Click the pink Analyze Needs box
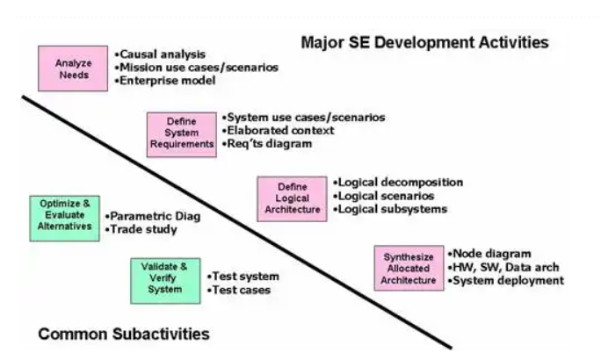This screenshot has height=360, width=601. pyautogui.click(x=73, y=68)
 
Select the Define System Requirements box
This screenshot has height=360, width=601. pyautogui.click(x=182, y=135)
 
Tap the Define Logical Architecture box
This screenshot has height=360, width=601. pyautogui.click(x=292, y=199)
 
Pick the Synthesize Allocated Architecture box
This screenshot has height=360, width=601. pyautogui.click(x=409, y=268)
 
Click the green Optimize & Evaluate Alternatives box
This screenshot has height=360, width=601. pyautogui.click(x=65, y=219)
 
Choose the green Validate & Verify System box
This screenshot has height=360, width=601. pyautogui.click(x=165, y=281)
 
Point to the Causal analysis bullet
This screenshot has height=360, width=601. pyautogui.click(x=160, y=54)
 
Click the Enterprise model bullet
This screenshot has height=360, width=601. pyautogui.click(x=165, y=81)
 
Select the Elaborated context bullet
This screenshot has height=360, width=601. pyautogui.click(x=279, y=131)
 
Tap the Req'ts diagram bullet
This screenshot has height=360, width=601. pyautogui.click(x=267, y=144)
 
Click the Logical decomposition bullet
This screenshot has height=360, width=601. pyautogui.click(x=398, y=183)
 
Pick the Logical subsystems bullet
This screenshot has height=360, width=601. pyautogui.click(x=390, y=209)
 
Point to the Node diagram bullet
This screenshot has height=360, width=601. pyautogui.click(x=489, y=254)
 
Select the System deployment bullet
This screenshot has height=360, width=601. pyautogui.click(x=506, y=281)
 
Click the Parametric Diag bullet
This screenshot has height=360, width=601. pyautogui.click(x=153, y=216)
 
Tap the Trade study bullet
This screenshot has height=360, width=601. pyautogui.click(x=141, y=229)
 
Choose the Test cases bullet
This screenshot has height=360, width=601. pyautogui.click(x=239, y=290)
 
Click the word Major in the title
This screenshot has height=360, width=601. pyautogui.click(x=322, y=42)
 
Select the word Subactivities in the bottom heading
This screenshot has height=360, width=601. pyautogui.click(x=161, y=334)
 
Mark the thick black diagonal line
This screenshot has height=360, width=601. pyautogui.click(x=237, y=222)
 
